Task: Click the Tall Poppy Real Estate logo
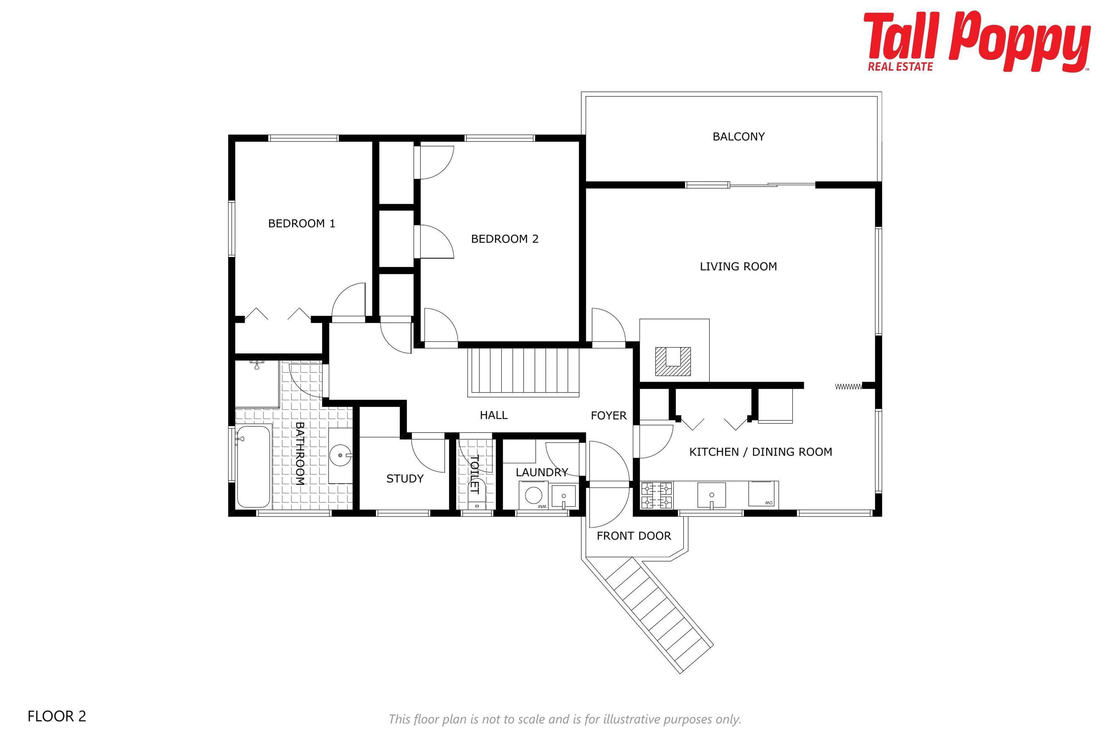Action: tap(977, 42)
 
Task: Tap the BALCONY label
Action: tap(739, 137)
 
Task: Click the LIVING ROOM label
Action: tap(738, 267)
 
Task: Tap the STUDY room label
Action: tap(405, 479)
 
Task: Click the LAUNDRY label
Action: tap(542, 472)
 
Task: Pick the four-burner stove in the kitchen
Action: tap(656, 495)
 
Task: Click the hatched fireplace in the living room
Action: tap(673, 362)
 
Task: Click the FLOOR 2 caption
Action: tap(57, 716)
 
